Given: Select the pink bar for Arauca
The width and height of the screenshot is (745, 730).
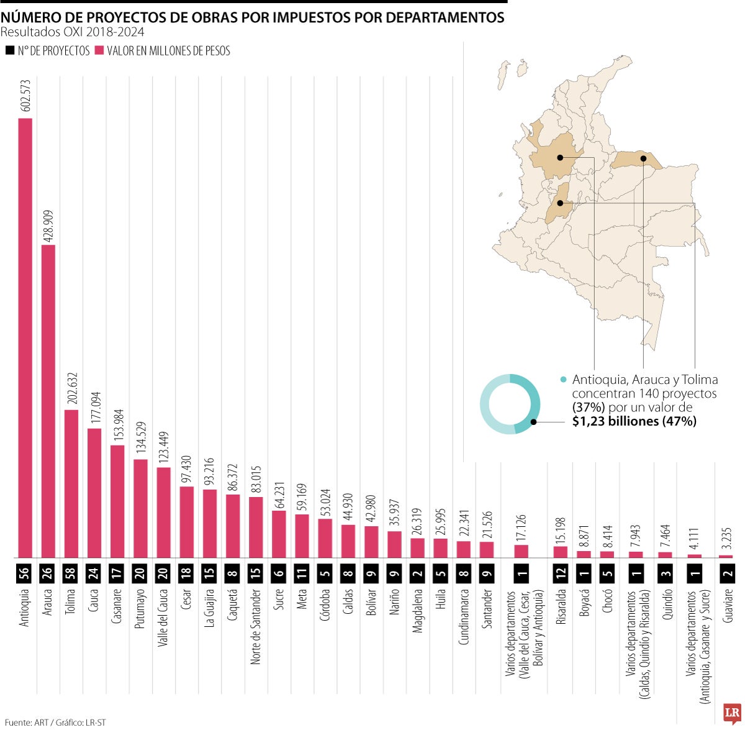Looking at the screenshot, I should [48, 401].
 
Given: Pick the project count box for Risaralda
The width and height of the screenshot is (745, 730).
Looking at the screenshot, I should [561, 573].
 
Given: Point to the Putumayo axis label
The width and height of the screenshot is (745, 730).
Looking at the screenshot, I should [141, 608].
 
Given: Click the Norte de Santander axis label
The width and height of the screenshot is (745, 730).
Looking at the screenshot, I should [256, 626].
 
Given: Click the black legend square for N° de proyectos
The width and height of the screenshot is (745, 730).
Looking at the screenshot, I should [10, 51].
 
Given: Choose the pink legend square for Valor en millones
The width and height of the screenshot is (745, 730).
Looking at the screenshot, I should [99, 51].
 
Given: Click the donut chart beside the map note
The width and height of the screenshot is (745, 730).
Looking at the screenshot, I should [510, 404].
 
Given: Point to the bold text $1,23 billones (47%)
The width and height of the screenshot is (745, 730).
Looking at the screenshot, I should [634, 421].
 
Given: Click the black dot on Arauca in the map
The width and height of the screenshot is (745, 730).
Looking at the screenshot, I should [644, 158].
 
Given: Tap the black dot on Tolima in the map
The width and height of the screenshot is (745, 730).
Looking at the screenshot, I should [560, 203].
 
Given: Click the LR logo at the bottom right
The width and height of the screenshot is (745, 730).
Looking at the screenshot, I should [732, 713].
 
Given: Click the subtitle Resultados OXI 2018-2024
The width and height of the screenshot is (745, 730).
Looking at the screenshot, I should [72, 32].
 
